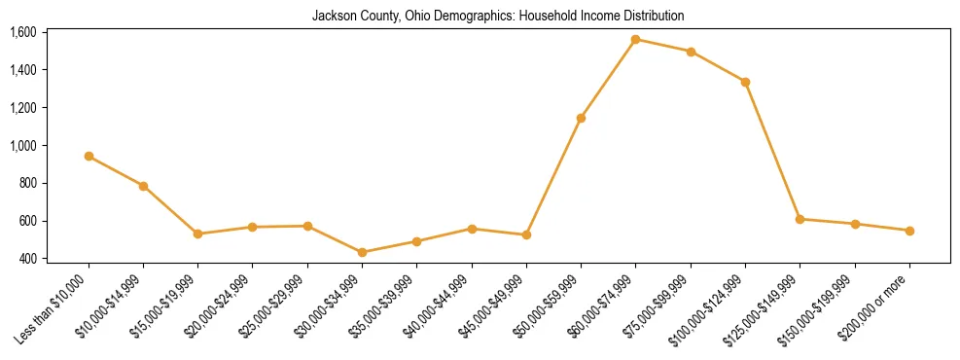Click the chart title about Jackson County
click(498, 17)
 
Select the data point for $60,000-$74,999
click(635, 40)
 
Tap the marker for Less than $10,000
click(89, 156)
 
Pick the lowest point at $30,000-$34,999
click(362, 252)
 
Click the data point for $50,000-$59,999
click(581, 118)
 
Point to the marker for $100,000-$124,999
click(745, 82)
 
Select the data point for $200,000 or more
click(909, 231)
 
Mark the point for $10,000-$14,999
click(143, 186)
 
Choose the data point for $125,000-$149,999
click(800, 219)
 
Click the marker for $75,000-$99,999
click(691, 52)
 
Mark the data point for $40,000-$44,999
click(472, 229)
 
